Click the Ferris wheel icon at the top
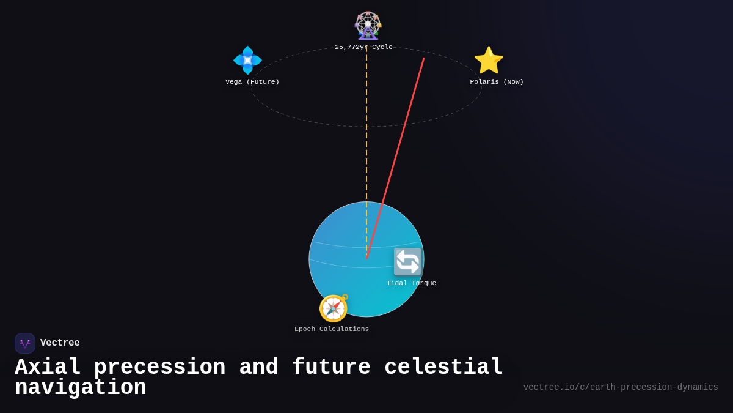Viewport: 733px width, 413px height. click(x=368, y=26)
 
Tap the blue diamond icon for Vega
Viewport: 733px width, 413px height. click(x=247, y=60)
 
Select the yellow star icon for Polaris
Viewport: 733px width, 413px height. click(x=489, y=60)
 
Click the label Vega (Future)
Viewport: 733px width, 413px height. click(x=252, y=82)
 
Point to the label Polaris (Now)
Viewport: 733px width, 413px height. click(x=497, y=82)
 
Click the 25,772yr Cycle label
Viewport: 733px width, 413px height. click(x=364, y=47)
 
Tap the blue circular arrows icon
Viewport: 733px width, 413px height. click(x=407, y=262)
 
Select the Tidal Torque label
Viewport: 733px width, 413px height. click(x=411, y=283)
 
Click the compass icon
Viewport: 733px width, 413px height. click(x=334, y=308)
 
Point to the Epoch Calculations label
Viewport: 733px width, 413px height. click(x=332, y=329)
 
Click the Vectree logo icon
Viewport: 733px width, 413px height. click(x=25, y=343)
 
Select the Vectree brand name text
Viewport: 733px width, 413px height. click(x=60, y=343)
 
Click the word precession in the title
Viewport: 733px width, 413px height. click(x=159, y=368)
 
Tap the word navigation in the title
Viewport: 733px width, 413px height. click(x=81, y=388)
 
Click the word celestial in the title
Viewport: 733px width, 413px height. click(x=444, y=368)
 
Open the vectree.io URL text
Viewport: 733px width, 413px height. click(x=621, y=387)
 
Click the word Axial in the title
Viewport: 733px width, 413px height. click(x=48, y=368)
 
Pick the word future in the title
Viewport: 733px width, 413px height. click(x=332, y=368)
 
